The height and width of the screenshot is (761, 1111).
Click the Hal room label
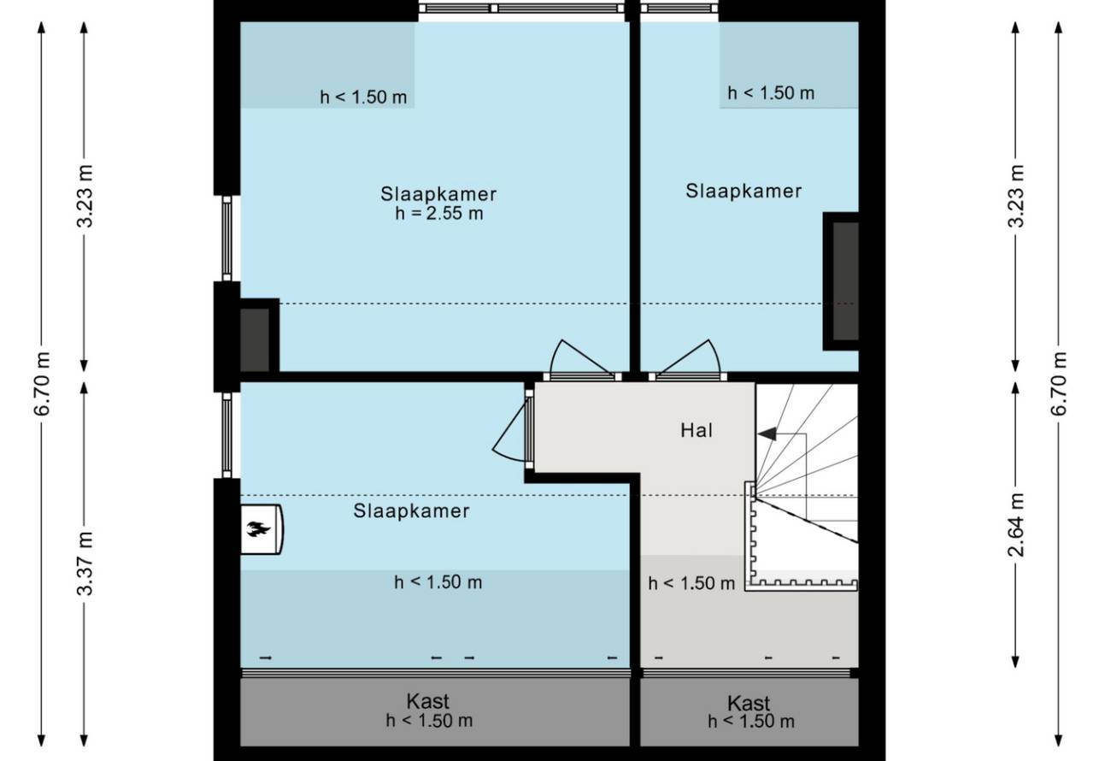pyautogui.click(x=697, y=431)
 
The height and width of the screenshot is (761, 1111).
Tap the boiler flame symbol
pyautogui.click(x=258, y=528)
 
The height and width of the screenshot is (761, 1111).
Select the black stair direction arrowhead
pyautogui.click(x=767, y=434)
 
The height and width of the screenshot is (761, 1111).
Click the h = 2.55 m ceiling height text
pyautogui.click(x=439, y=214)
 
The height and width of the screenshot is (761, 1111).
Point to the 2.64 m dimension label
pyautogui.click(x=1017, y=525)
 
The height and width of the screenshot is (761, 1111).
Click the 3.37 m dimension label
pyautogui.click(x=85, y=563)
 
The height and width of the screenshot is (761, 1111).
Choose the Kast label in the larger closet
pyautogui.click(x=427, y=701)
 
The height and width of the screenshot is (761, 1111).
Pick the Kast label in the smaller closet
pyautogui.click(x=749, y=704)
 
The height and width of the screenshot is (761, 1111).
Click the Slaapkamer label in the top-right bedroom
pyautogui.click(x=744, y=191)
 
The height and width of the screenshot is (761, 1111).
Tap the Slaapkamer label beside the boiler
pyautogui.click(x=411, y=511)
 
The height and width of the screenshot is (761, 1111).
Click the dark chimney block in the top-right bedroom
pyautogui.click(x=841, y=281)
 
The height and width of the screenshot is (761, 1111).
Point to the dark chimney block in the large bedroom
pyautogui.click(x=259, y=335)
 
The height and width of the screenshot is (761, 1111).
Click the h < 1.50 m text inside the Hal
pyautogui.click(x=691, y=584)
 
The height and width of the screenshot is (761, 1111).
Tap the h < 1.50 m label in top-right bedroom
pyautogui.click(x=771, y=92)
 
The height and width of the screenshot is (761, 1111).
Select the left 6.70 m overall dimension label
pyautogui.click(x=43, y=383)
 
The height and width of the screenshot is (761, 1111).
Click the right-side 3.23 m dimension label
pyautogui.click(x=1017, y=196)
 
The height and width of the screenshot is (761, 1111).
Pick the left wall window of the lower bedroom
pyautogui.click(x=226, y=435)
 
